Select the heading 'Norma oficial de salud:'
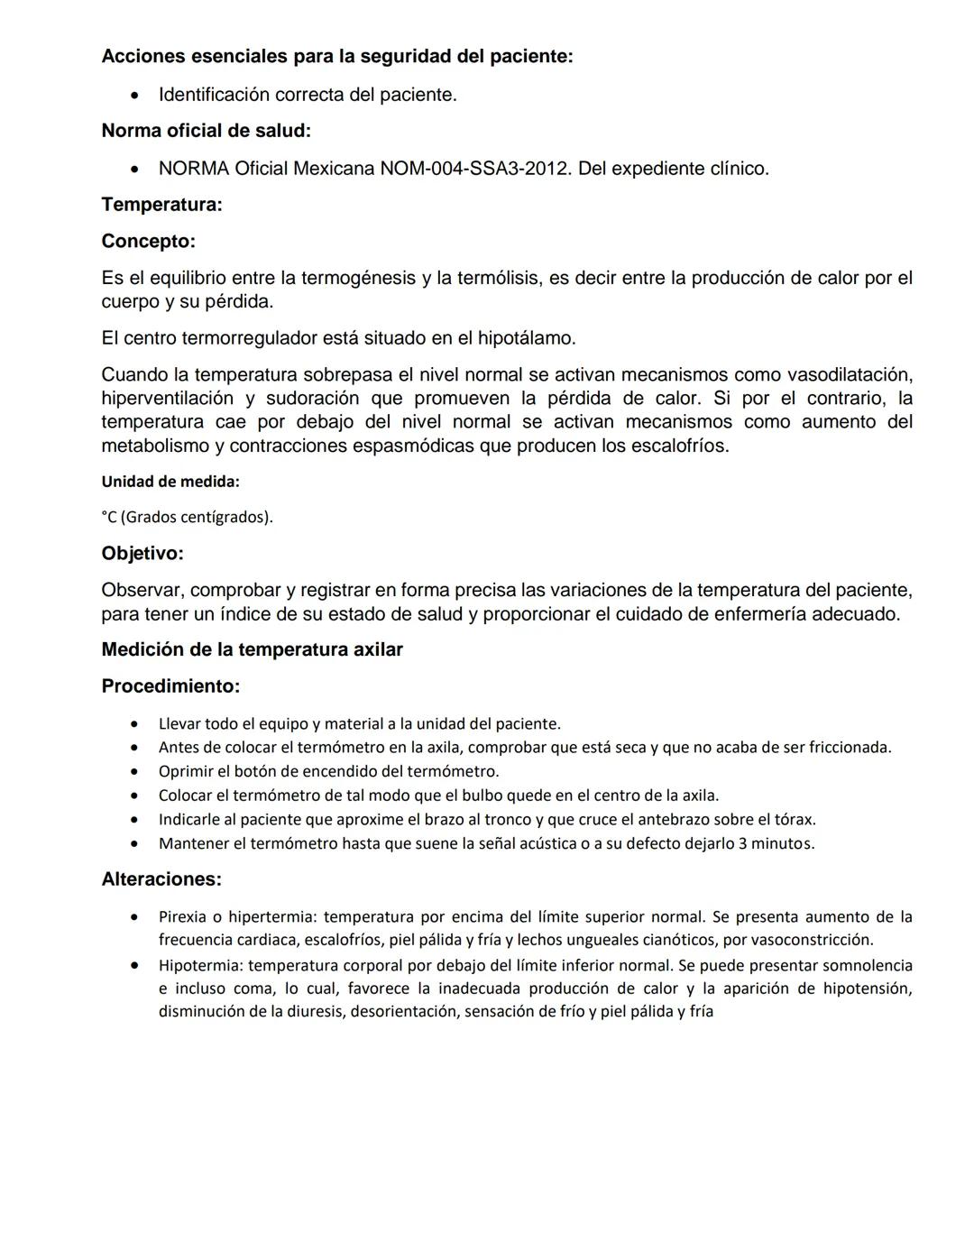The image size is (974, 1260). point(206,131)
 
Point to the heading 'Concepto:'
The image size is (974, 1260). point(148,242)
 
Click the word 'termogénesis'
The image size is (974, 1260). point(358,278)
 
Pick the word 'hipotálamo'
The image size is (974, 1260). point(525,338)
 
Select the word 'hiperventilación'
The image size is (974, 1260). point(167,398)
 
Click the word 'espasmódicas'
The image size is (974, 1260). point(418,446)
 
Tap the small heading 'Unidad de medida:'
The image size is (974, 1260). point(170,482)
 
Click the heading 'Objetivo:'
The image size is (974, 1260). point(142,554)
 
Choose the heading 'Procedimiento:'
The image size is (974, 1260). point(170,686)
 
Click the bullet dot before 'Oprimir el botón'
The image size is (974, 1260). point(134,771)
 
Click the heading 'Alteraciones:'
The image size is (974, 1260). point(161,879)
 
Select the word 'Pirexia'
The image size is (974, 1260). point(183,917)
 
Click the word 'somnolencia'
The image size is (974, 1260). point(868,965)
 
